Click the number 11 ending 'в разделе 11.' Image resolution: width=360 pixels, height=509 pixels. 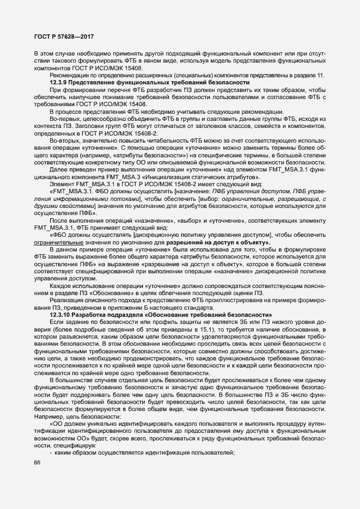pos(321,75)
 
